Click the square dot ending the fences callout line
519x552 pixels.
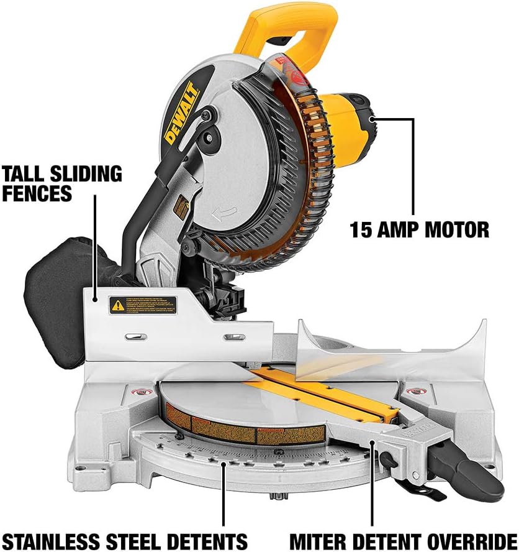pos(95,298)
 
